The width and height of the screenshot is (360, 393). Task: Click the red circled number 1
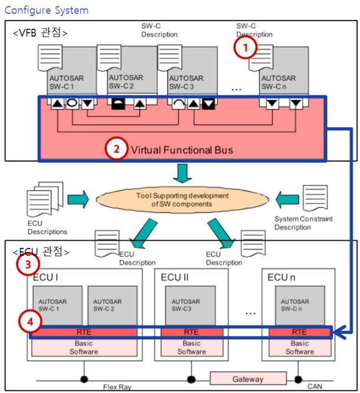click(x=245, y=47)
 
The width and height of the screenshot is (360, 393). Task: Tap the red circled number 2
click(x=116, y=149)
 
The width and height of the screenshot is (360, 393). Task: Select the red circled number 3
click(x=28, y=264)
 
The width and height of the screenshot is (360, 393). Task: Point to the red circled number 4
click(x=30, y=322)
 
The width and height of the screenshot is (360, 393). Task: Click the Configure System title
click(x=47, y=11)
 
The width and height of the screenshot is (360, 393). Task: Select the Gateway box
click(x=248, y=379)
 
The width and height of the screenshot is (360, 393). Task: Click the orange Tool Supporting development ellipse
click(x=182, y=200)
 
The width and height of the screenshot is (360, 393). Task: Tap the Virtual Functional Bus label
click(x=182, y=150)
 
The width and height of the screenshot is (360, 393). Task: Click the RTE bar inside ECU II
click(x=192, y=332)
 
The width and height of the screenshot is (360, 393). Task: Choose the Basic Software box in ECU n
click(x=300, y=348)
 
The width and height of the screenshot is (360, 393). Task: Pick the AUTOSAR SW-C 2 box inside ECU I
click(x=112, y=306)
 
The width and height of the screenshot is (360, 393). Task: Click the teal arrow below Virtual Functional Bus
click(x=182, y=173)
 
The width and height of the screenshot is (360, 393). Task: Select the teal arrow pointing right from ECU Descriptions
click(x=78, y=199)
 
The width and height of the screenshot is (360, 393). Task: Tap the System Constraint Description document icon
click(x=315, y=198)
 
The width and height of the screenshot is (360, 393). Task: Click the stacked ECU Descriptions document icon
click(x=45, y=199)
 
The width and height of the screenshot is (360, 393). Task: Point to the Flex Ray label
click(x=117, y=387)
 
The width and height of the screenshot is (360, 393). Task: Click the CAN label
click(x=315, y=387)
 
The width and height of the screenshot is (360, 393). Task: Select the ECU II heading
click(x=175, y=277)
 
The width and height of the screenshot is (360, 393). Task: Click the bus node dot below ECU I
click(x=84, y=379)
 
